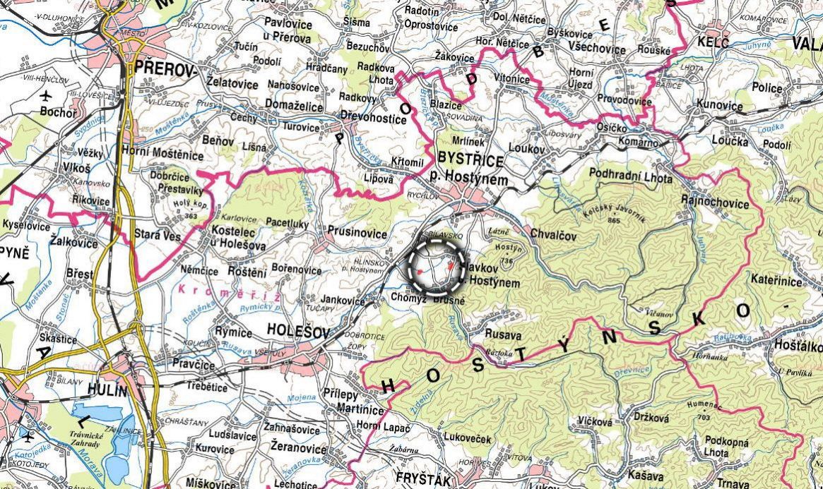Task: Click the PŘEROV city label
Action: (x=164, y=68)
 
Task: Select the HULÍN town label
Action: (x=107, y=390)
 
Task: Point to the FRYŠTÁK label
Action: (x=422, y=478)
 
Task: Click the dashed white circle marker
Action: (x=435, y=267)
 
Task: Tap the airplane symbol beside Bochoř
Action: (x=47, y=96)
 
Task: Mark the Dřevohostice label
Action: (x=373, y=119)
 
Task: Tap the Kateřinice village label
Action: (x=776, y=282)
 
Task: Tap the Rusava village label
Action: (x=502, y=334)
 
